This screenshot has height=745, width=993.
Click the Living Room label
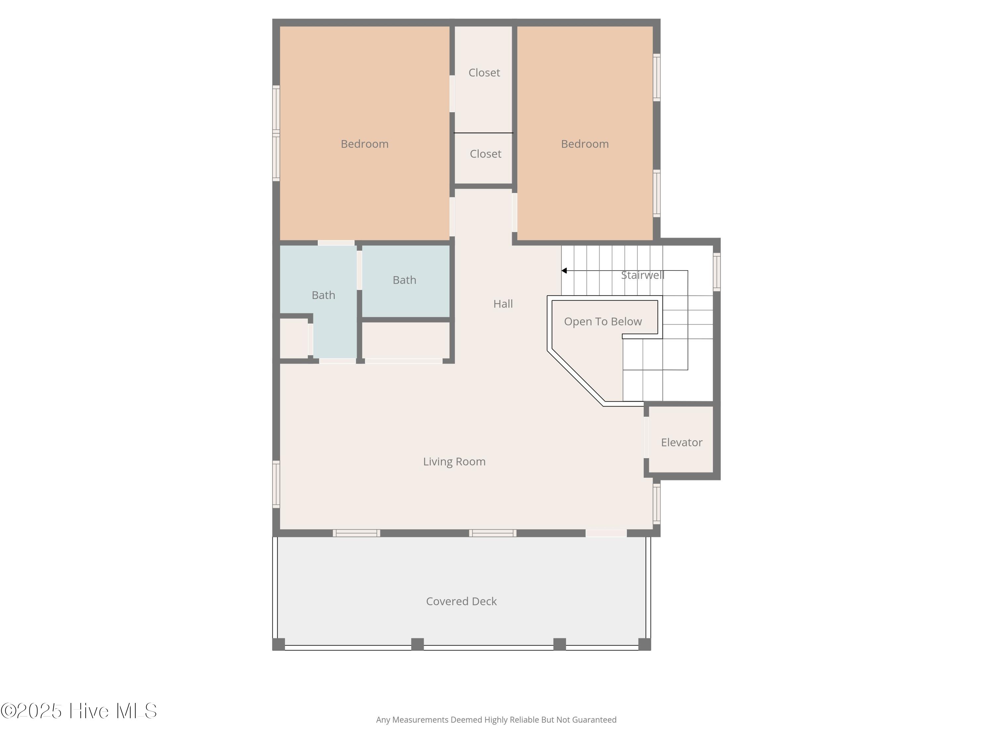pyautogui.click(x=454, y=462)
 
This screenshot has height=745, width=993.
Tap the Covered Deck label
pyautogui.click(x=461, y=601)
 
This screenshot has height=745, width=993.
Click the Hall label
pyautogui.click(x=503, y=304)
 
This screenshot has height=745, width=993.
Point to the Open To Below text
pyautogui.click(x=603, y=322)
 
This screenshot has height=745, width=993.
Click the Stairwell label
pyautogui.click(x=642, y=275)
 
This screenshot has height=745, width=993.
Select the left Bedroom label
pyautogui.click(x=364, y=144)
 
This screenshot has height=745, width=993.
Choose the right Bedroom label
pyautogui.click(x=585, y=144)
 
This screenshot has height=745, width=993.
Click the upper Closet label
pyautogui.click(x=484, y=73)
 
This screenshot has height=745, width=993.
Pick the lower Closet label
pyautogui.click(x=485, y=154)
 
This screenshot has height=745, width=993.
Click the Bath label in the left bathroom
pyautogui.click(x=323, y=295)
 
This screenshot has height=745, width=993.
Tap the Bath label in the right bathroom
pyautogui.click(x=404, y=280)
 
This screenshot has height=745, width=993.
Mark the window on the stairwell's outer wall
pyautogui.click(x=717, y=272)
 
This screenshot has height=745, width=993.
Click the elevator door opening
pyautogui.click(x=646, y=437)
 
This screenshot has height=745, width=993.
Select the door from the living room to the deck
pyautogui.click(x=606, y=533)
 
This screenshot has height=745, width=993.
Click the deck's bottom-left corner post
pyautogui.click(x=279, y=644)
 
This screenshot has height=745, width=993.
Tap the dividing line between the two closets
pyautogui.click(x=484, y=133)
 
